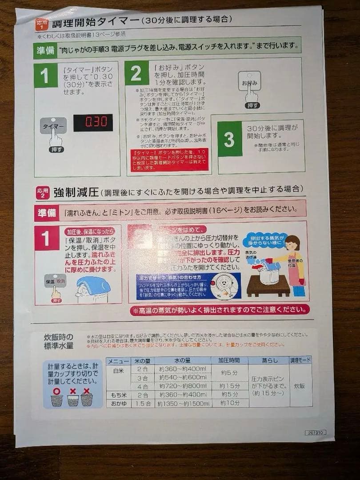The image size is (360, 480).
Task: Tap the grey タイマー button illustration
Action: (x=53, y=126)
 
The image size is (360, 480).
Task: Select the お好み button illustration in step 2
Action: (x=249, y=82)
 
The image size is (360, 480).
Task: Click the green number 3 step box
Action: (x=229, y=139)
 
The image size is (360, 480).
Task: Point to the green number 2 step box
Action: (x=136, y=73)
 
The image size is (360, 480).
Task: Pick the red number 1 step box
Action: (x=47, y=238)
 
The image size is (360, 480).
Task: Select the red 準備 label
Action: (x=46, y=213)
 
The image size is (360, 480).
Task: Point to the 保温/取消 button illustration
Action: (x=55, y=281)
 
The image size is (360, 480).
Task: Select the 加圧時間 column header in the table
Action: (x=228, y=360)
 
